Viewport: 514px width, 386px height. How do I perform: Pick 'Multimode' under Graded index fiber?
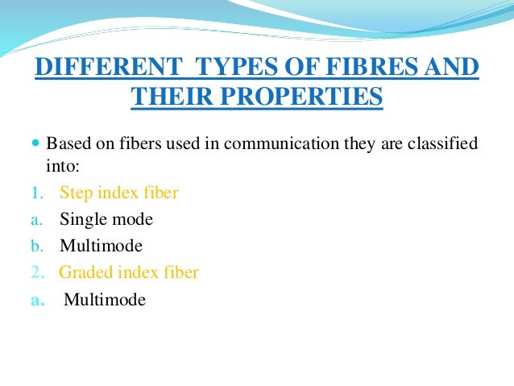(105, 300)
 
